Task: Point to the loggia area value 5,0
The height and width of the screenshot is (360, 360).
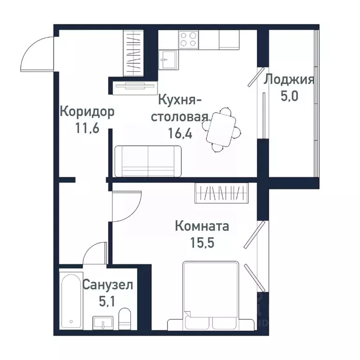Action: click(289, 97)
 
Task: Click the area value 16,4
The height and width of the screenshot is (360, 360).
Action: click(180, 133)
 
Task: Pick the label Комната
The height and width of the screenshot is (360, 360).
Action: click(202, 227)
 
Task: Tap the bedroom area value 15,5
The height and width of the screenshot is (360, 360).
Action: click(202, 243)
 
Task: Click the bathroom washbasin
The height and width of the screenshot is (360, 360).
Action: click(102, 322)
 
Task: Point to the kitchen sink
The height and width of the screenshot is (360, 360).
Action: click(168, 59)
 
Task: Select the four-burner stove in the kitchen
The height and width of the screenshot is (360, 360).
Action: click(189, 39)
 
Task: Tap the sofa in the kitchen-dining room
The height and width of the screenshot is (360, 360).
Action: click(148, 161)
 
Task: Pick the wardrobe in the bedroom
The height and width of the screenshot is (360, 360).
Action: click(221, 193)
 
